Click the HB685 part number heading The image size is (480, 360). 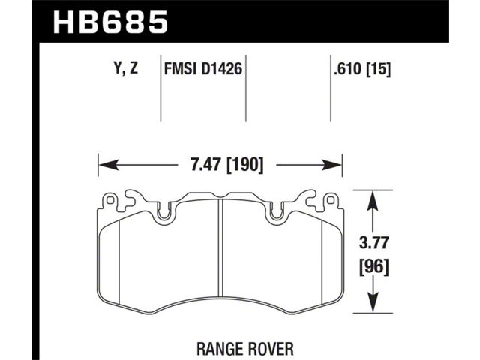pos(110,22)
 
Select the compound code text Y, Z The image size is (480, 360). pos(126,68)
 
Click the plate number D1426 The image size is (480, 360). pos(222,68)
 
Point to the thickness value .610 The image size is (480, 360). pos(347,69)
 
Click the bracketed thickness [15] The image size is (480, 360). pos(378,70)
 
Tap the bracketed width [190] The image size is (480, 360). pos(245,166)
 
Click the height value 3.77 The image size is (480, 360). pos(373,243)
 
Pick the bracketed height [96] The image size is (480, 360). pos(373,267)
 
